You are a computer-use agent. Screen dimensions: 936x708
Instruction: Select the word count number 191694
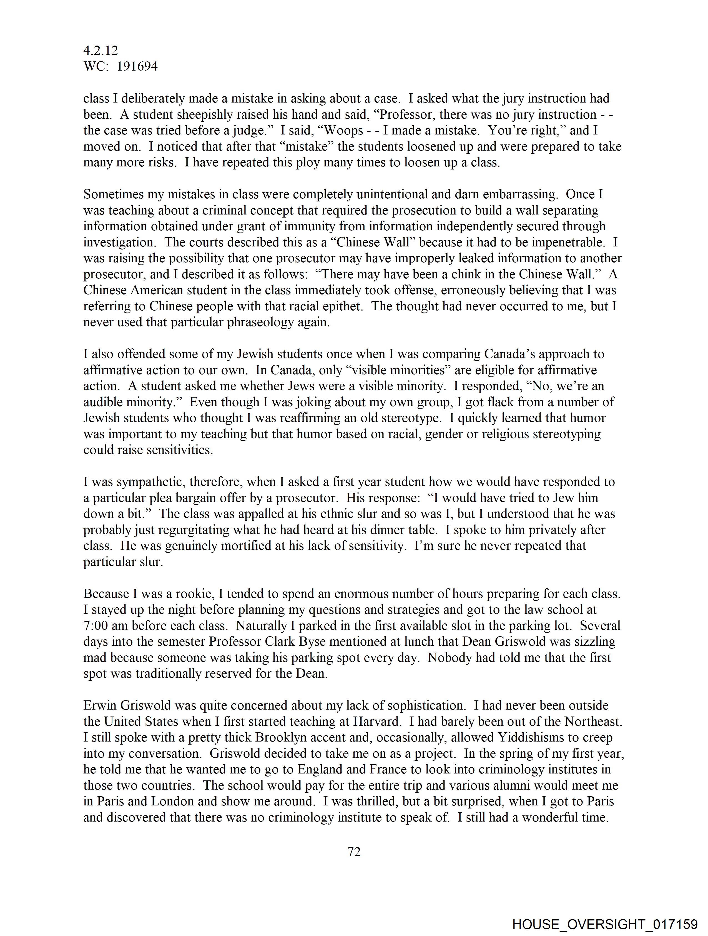[x=137, y=66]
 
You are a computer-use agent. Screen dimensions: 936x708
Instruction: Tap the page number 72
[x=354, y=852]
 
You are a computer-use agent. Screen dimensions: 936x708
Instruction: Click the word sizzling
[x=589, y=642]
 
